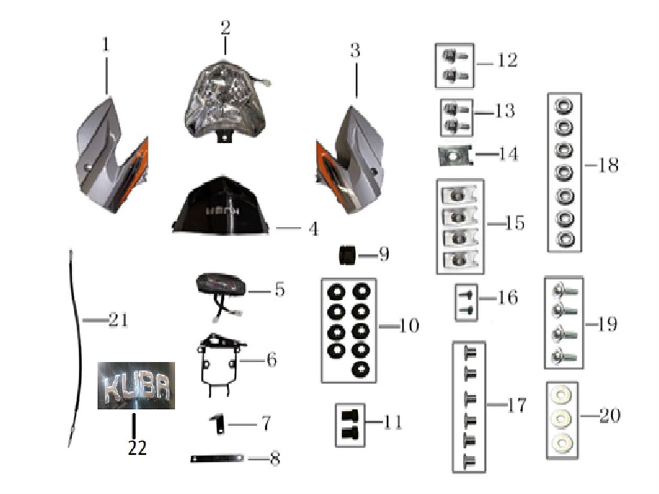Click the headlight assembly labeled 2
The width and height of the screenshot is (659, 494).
tap(225, 102)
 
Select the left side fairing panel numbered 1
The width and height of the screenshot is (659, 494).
tap(107, 157)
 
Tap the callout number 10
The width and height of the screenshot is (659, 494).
tap(408, 326)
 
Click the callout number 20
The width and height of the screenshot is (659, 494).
tap(609, 416)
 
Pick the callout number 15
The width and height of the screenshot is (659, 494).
tap(514, 223)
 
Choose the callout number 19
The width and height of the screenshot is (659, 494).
tap(607, 324)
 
